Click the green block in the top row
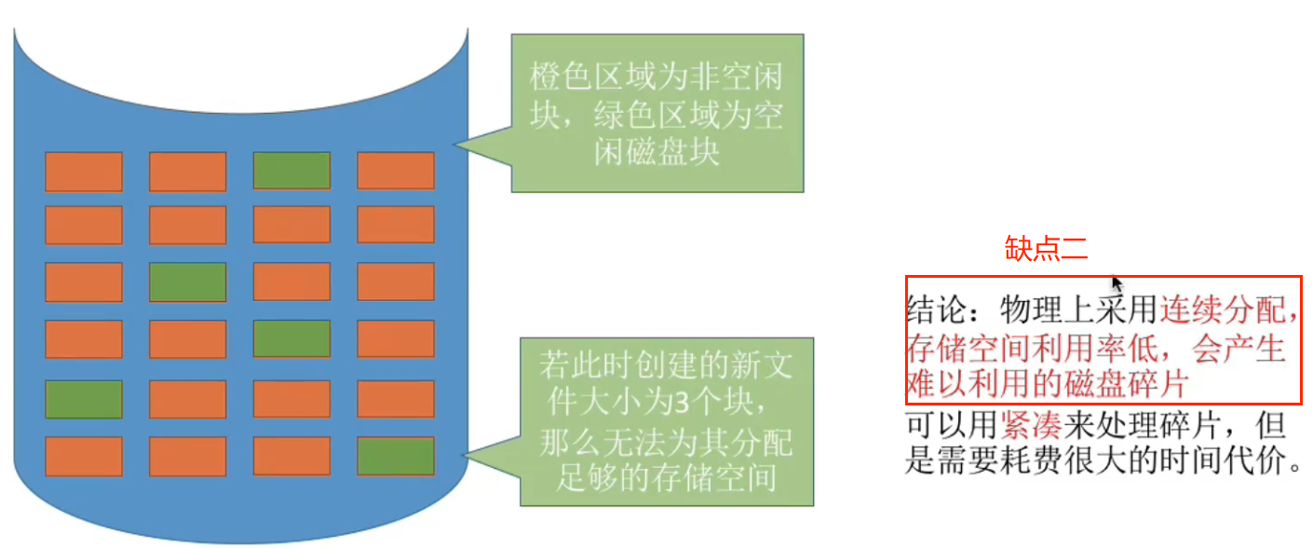(291, 171)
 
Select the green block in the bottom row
(396, 456)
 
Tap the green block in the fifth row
(84, 399)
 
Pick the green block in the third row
(188, 281)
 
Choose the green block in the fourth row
(291, 339)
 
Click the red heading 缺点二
(1047, 248)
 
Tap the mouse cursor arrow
(1117, 283)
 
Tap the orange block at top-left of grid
(84, 171)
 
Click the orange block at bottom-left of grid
(84, 456)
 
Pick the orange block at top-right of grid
(396, 171)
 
